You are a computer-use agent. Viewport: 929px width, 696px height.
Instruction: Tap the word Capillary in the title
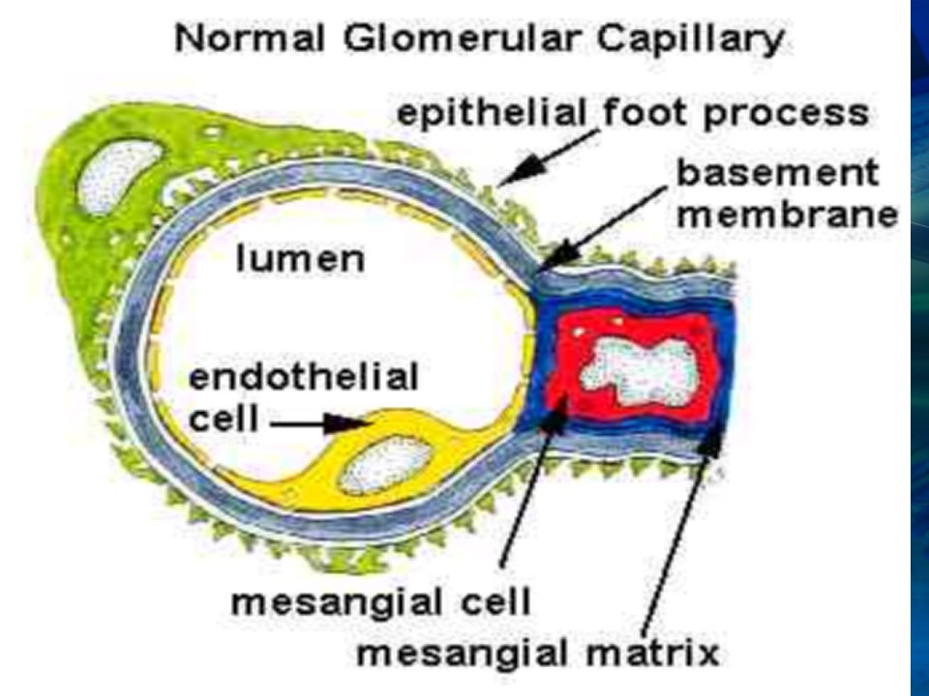690,42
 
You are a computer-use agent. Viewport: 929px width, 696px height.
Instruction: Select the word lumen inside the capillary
300,259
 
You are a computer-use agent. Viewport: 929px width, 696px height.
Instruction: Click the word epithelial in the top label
493,112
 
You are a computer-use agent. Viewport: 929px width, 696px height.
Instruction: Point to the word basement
777,174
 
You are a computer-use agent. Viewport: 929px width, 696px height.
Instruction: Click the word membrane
788,216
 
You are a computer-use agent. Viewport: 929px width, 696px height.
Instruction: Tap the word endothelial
303,377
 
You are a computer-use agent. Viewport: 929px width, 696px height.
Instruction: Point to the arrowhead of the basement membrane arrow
559,253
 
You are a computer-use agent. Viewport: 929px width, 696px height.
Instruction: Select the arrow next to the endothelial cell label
321,423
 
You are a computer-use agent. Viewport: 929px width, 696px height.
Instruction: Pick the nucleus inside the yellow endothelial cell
388,466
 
